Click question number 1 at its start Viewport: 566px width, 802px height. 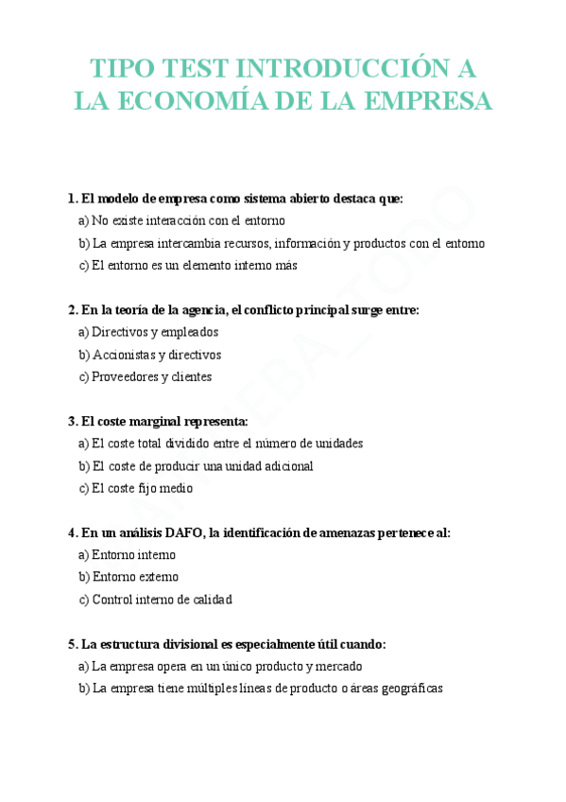(72, 199)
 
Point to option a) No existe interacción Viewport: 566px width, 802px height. (181, 220)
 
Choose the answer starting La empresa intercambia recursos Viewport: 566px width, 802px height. (282, 243)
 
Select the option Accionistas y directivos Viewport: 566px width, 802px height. (150, 355)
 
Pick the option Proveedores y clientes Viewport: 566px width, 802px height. (146, 376)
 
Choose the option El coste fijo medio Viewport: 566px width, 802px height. (136, 488)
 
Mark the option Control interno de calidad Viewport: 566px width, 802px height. (155, 599)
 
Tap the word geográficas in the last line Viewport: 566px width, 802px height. (409, 689)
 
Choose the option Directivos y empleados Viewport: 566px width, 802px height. (148, 332)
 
